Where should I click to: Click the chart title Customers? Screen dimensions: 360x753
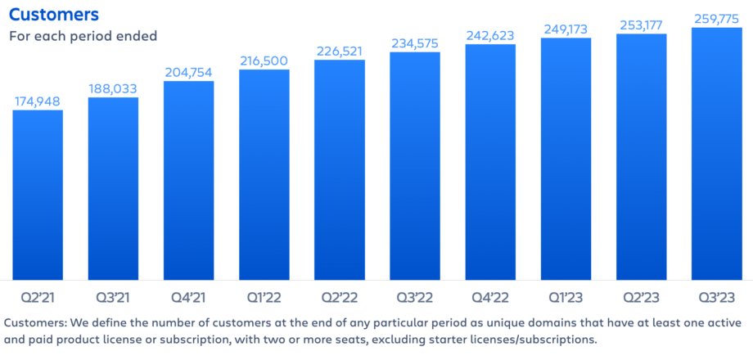[x=54, y=15]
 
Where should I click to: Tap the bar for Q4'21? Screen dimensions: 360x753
[x=189, y=180]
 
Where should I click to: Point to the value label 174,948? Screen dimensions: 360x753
[x=38, y=101]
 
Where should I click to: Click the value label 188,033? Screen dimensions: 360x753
[x=113, y=88]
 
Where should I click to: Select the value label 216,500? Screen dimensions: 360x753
[x=264, y=61]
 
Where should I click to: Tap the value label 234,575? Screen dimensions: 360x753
[x=415, y=44]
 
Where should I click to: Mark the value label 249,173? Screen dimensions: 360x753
[x=566, y=29]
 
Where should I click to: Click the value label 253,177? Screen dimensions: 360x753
[x=641, y=25]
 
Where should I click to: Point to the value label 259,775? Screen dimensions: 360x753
[x=716, y=19]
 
